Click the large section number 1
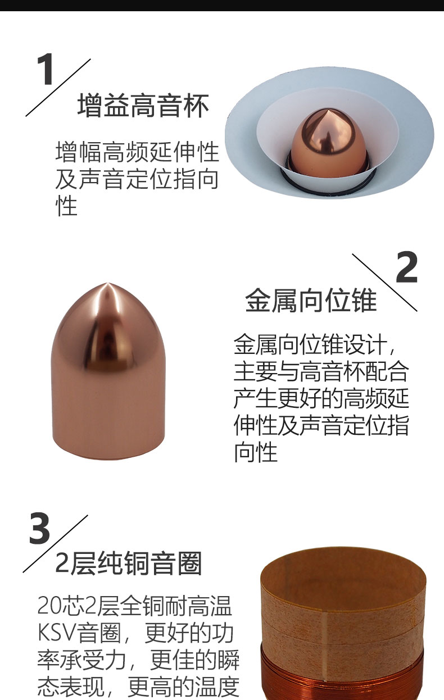pyautogui.click(x=45, y=69)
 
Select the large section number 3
pyautogui.click(x=39, y=529)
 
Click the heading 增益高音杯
pyautogui.click(x=143, y=105)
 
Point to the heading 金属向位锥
pyautogui.click(x=311, y=301)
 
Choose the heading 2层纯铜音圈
pyautogui.click(x=129, y=563)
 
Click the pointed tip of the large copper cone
pyautogui.click(x=107, y=284)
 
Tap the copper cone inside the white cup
pyautogui.click(x=328, y=142)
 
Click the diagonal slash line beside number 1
pyautogui.click(x=58, y=88)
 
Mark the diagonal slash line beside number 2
pyautogui.click(x=384, y=283)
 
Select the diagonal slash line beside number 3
pyautogui.click(x=55, y=543)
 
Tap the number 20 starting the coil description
pyautogui.click(x=49, y=606)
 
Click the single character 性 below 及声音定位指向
pyautogui.click(x=66, y=206)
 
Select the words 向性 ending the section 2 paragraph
pyautogui.click(x=256, y=452)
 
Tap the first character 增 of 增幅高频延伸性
pyautogui.click(x=66, y=152)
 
